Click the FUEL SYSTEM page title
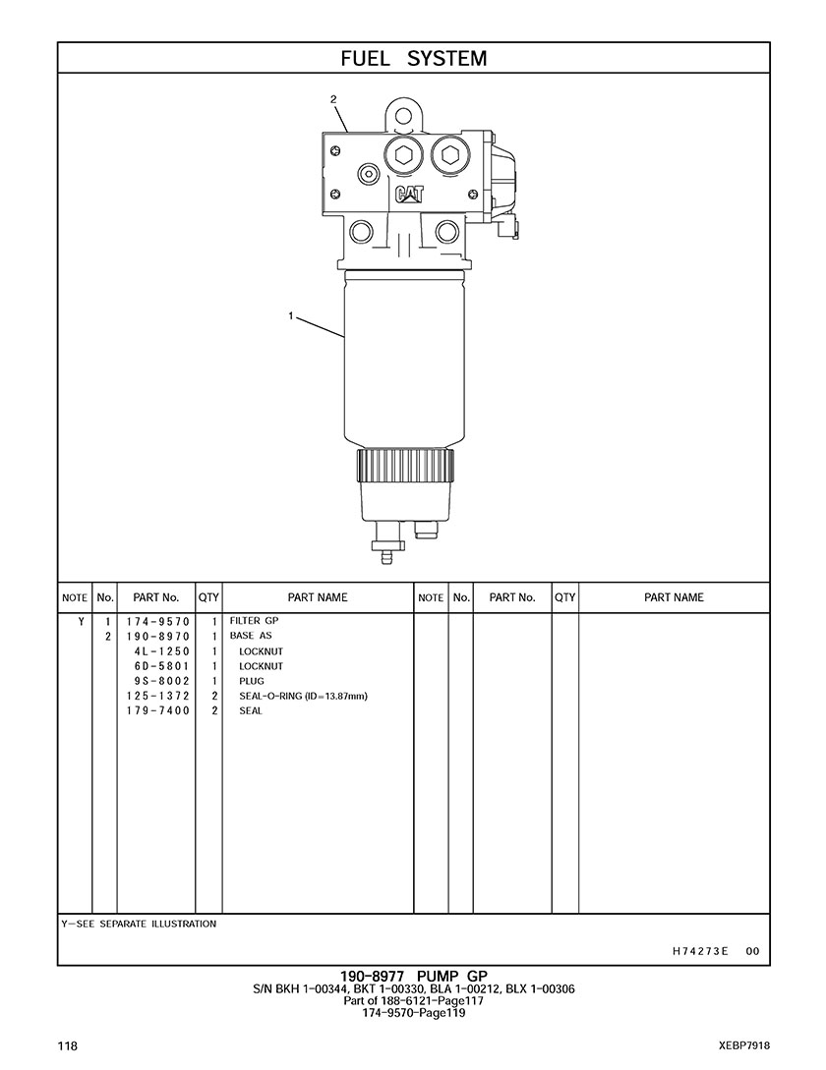pos(413,58)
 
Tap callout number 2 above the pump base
pos(333,99)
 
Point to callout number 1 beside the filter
pos(291,315)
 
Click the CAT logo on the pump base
pos(410,194)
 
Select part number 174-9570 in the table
pos(156,621)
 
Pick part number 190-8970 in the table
pos(156,636)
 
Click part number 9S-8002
pos(160,681)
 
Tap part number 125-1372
pos(156,696)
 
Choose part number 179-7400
pos(156,710)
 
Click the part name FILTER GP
pos(254,621)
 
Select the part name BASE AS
pos(251,636)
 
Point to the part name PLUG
pos(252,681)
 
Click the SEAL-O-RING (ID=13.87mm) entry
pos(303,696)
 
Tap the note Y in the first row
pos(80,621)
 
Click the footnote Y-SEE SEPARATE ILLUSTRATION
pos(139,924)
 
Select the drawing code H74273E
pos(700,950)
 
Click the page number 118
pos(68,1045)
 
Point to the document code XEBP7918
pos(743,1045)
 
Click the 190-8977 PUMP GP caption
pos(413,976)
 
